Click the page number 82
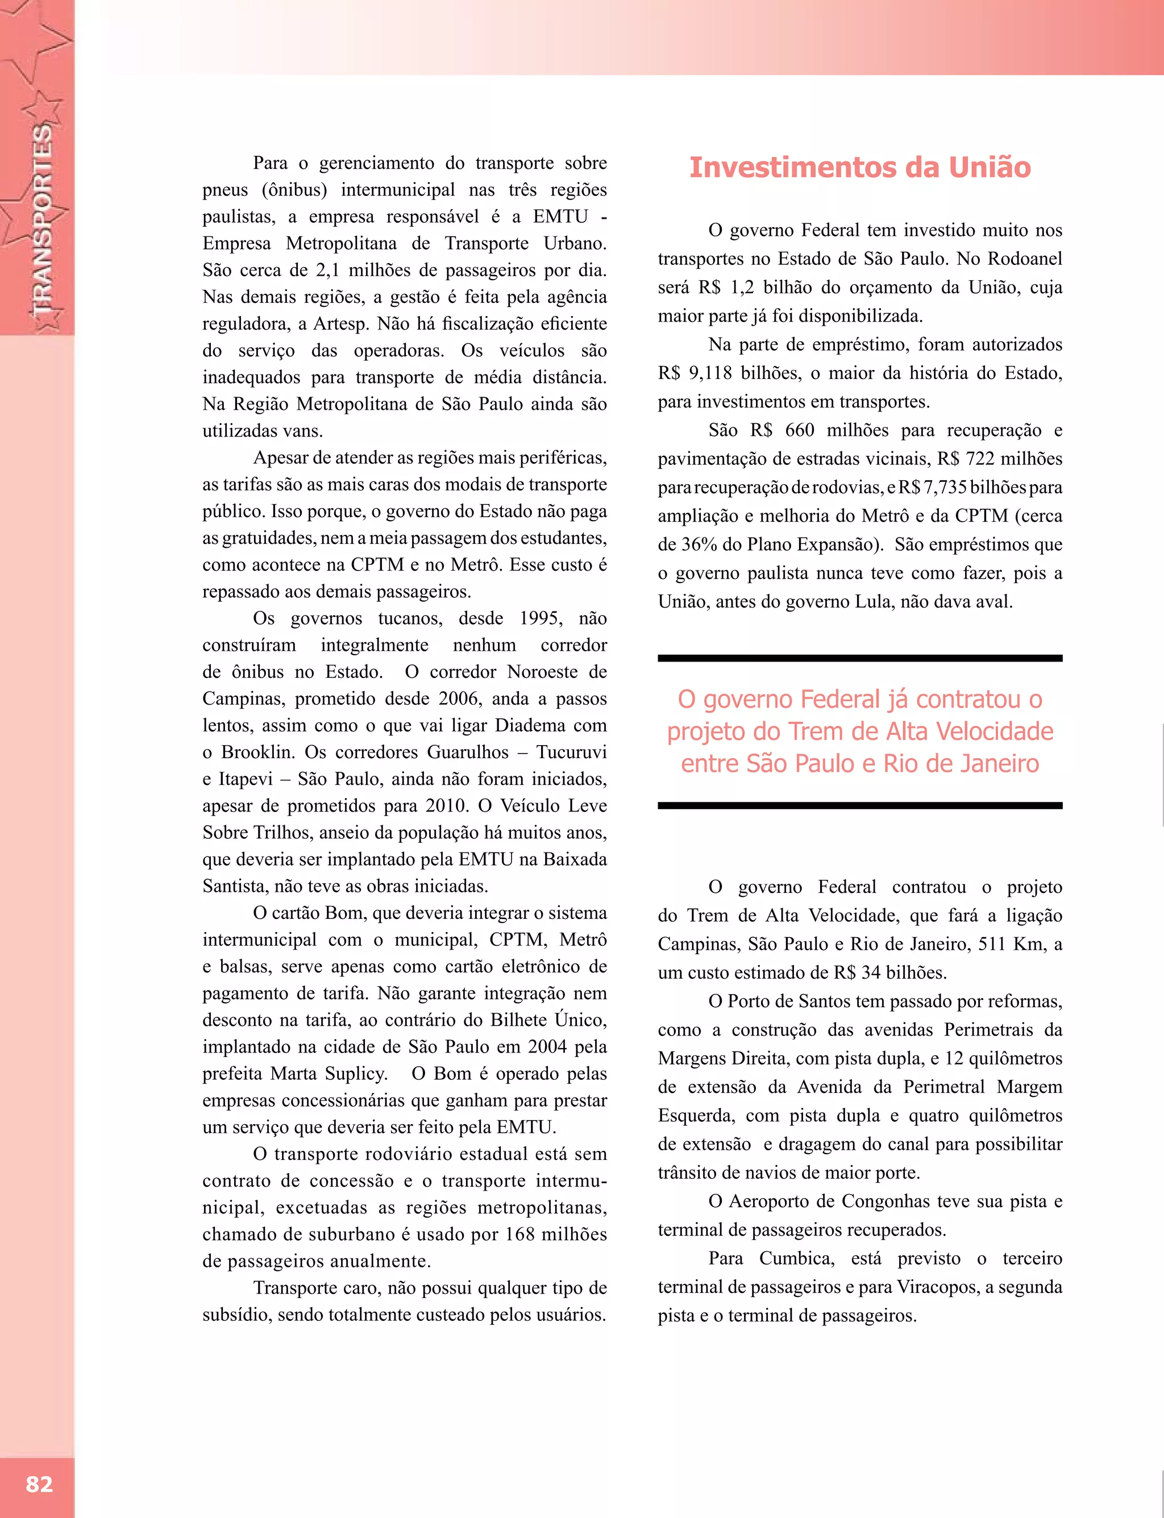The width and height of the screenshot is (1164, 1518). point(39,1483)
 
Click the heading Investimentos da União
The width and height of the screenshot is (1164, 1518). point(860,168)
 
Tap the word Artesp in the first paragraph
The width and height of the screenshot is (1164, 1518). point(339,323)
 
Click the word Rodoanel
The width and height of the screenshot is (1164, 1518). point(1024,259)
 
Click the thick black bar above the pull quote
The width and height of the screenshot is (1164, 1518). point(859,658)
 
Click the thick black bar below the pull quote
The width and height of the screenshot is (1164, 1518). point(859,805)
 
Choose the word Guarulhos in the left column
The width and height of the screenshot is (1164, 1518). point(468,752)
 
